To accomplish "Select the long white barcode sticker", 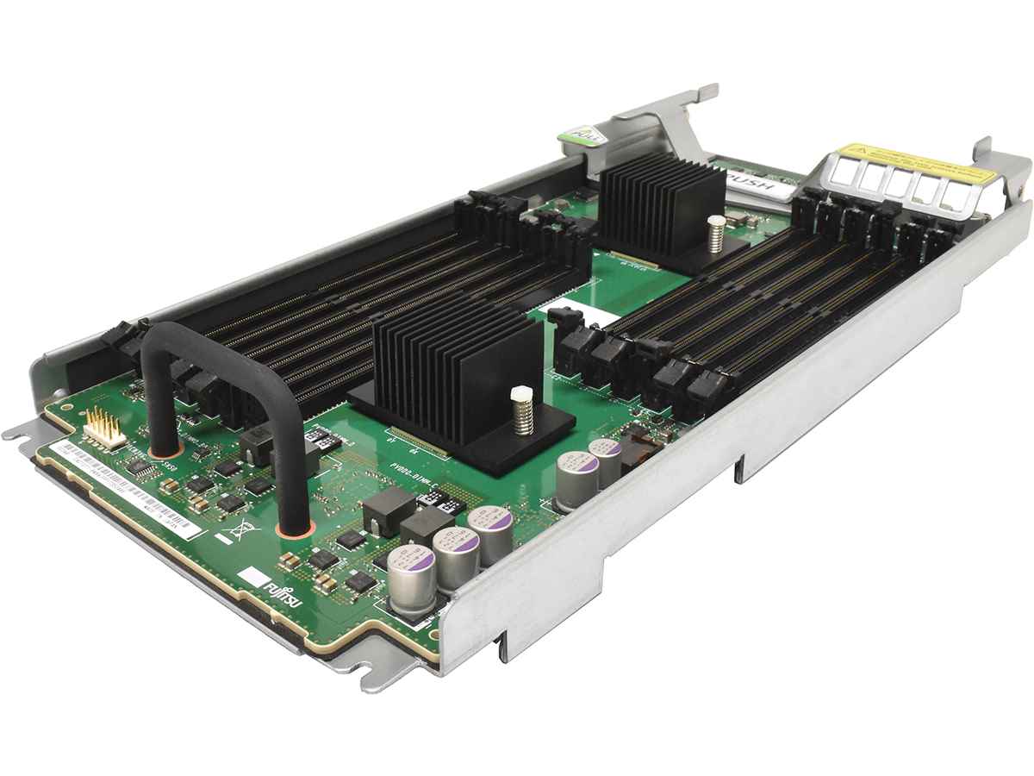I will click(x=129, y=488).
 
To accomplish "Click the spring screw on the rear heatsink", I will click(x=715, y=233).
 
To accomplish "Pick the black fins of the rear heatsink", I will click(x=660, y=203).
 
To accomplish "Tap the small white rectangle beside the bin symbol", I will click(x=222, y=542).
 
